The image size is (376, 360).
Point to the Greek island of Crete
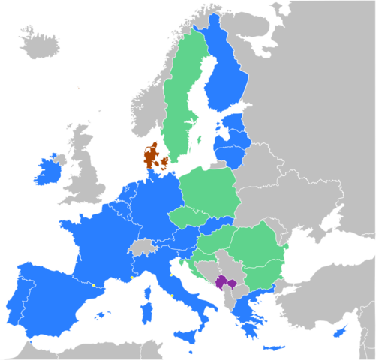click(273, 347)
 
